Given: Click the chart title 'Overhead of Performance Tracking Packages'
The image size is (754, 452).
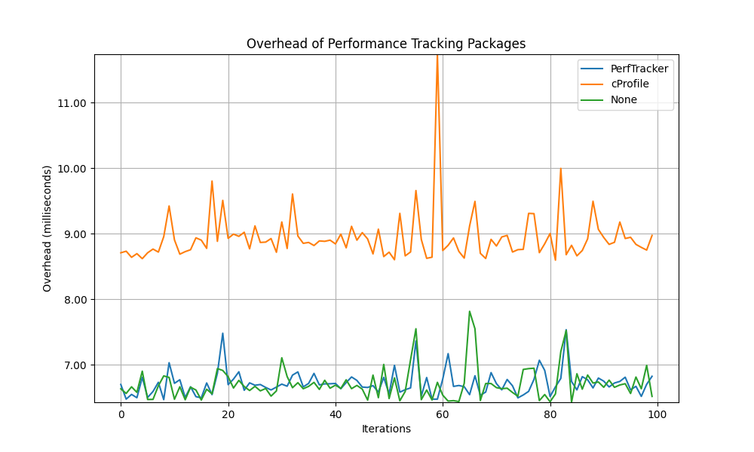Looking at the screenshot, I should tap(386, 44).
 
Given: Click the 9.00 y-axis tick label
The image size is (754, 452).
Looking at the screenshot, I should tap(73, 234).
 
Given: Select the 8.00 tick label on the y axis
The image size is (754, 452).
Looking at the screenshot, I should tap(73, 300).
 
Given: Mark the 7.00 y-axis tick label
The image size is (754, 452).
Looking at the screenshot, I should tap(73, 365).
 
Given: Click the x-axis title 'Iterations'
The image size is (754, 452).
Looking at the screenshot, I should tap(386, 429).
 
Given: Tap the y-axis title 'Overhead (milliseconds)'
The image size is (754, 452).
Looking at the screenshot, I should tap(48, 228).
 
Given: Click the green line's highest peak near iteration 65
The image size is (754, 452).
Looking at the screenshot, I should tap(469, 311).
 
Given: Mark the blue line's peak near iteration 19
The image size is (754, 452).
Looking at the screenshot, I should tap(222, 333).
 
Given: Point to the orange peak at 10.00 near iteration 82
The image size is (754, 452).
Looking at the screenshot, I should tap(560, 169).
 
